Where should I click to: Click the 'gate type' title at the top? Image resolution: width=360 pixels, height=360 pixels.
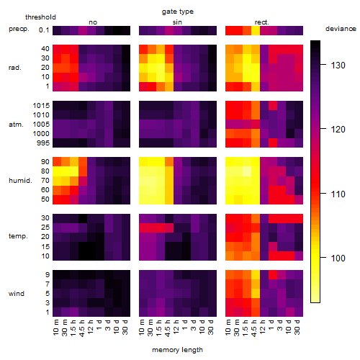pos(178,12)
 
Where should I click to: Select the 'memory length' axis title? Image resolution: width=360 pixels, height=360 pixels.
pos(177,350)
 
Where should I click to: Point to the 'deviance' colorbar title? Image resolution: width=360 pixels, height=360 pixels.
pos(341,29)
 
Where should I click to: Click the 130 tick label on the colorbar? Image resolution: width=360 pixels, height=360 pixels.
pos(338,66)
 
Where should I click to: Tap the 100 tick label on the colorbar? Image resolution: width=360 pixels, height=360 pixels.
pos(338,258)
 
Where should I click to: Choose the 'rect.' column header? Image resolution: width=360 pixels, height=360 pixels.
pos(262,22)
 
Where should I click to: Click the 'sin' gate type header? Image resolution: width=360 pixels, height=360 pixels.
pos(177,22)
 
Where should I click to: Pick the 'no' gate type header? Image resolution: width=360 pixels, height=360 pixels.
pos(93,22)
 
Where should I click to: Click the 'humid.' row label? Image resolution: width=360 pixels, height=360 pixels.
pos(20,181)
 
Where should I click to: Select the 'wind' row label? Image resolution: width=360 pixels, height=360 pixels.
pos(17,294)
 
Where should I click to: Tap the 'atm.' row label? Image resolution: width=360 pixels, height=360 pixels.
pos(16,125)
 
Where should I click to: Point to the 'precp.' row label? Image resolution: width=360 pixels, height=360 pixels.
pos(19,30)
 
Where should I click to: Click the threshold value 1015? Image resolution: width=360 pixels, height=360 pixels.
pos(41,106)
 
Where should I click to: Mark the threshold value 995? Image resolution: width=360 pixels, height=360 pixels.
pos(43,143)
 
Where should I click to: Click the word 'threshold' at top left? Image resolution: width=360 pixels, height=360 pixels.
pos(40,17)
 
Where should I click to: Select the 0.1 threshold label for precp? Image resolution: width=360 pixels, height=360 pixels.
pos(44,30)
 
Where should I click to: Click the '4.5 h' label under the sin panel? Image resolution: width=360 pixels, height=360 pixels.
pos(168,328)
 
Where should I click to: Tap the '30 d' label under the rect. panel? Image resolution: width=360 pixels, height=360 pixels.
pos(297,327)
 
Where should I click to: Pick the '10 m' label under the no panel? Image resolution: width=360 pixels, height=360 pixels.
pos(55,328)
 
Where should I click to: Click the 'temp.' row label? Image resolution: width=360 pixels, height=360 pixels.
pos(18,236)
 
